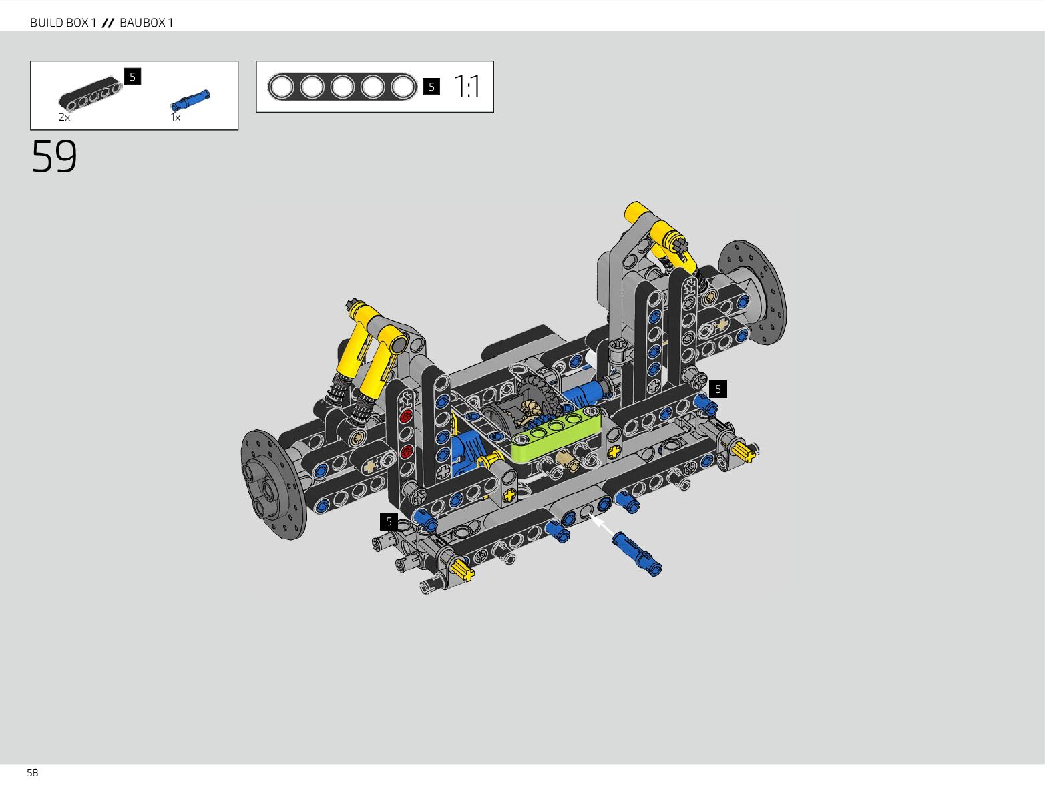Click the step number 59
(x=54, y=156)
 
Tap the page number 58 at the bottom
(x=32, y=773)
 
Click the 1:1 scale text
(x=467, y=87)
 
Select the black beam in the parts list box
(x=89, y=93)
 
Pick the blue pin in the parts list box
(x=190, y=100)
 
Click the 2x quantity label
(x=64, y=117)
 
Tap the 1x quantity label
(x=175, y=117)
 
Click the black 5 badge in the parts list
(x=132, y=77)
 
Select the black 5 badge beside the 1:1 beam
(x=431, y=87)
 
